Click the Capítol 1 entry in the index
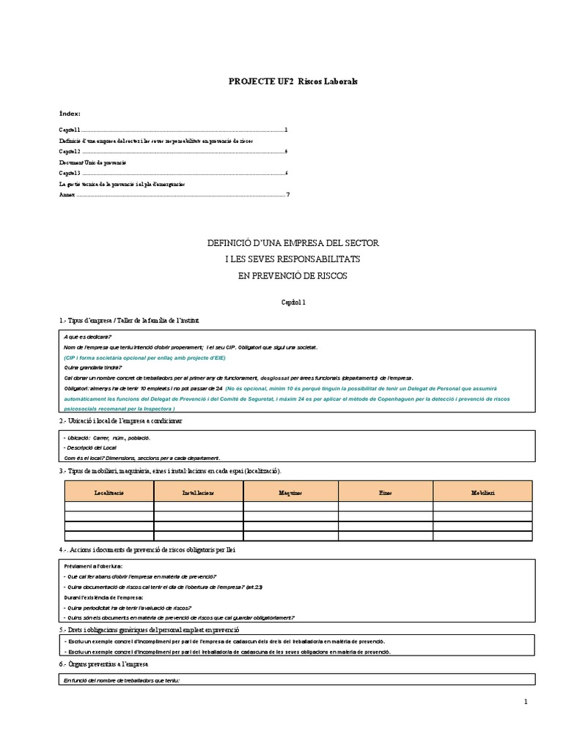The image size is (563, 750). click(71, 130)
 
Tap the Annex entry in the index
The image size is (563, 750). click(67, 195)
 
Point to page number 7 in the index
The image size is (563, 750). click(288, 195)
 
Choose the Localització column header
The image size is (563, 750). click(109, 493)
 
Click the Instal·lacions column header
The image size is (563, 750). click(198, 493)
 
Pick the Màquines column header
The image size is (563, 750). click(290, 493)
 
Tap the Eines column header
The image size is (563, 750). click(385, 493)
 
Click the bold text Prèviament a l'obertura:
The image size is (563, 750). click(94, 566)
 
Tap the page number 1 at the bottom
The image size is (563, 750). click(526, 703)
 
